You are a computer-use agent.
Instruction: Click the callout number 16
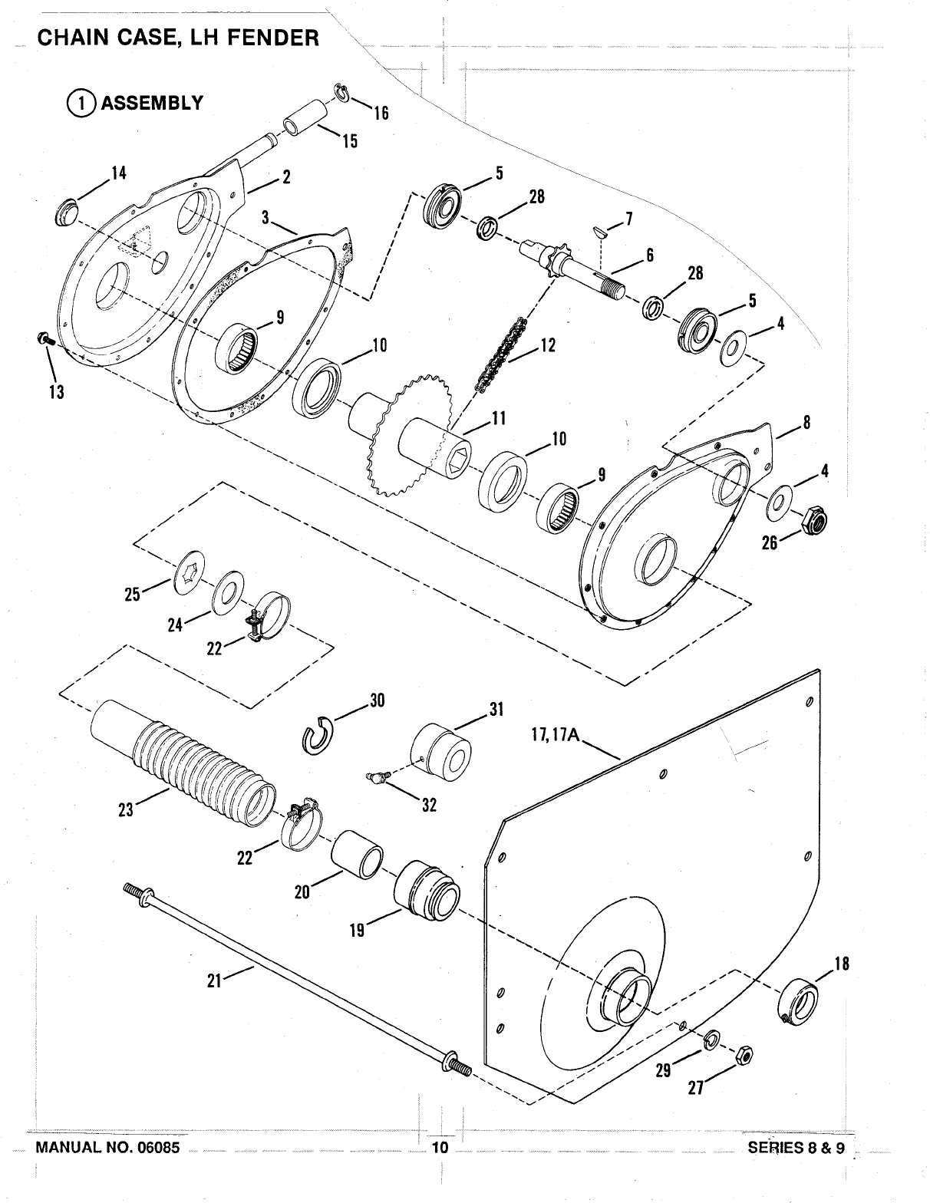click(x=381, y=114)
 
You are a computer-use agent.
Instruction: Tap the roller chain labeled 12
click(x=500, y=355)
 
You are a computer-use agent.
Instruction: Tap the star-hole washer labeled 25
click(x=189, y=573)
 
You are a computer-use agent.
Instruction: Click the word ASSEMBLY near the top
click(x=152, y=103)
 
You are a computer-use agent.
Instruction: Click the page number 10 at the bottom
click(x=440, y=1146)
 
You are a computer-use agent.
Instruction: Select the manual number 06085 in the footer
click(x=156, y=1147)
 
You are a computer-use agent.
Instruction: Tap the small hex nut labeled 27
click(x=744, y=1055)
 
